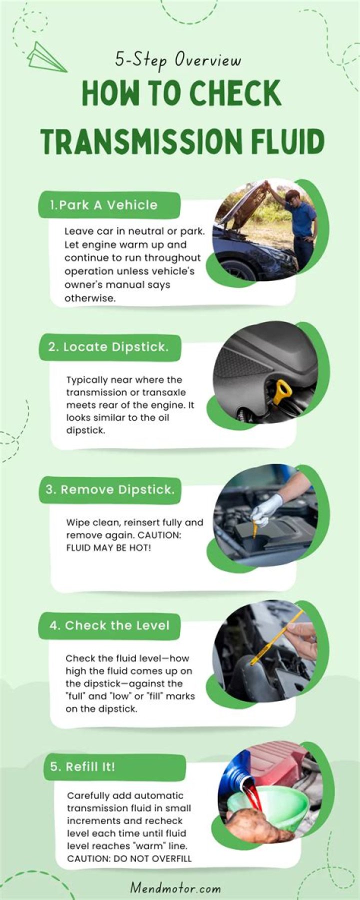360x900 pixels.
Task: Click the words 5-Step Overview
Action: pyautogui.click(x=178, y=60)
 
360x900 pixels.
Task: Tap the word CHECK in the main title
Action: pyautogui.click(x=237, y=93)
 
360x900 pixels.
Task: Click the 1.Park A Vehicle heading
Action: pyautogui.click(x=103, y=205)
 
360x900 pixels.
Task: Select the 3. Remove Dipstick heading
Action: pyautogui.click(x=110, y=489)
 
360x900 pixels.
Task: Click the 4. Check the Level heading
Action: pyautogui.click(x=109, y=625)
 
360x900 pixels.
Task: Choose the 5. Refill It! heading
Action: pyautogui.click(x=83, y=766)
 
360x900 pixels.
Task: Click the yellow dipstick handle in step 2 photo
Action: pyautogui.click(x=281, y=391)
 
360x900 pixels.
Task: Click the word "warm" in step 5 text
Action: pyautogui.click(x=149, y=846)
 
